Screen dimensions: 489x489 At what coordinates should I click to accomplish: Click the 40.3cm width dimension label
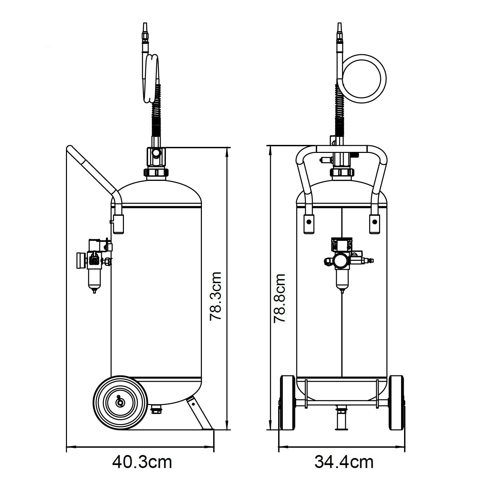142,462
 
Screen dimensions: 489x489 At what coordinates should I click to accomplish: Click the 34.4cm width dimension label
344,462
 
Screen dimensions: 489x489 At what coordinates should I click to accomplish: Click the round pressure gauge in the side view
81,260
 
